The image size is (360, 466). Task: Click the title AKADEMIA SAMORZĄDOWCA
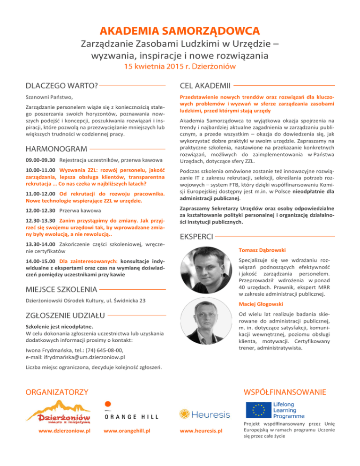180,31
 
